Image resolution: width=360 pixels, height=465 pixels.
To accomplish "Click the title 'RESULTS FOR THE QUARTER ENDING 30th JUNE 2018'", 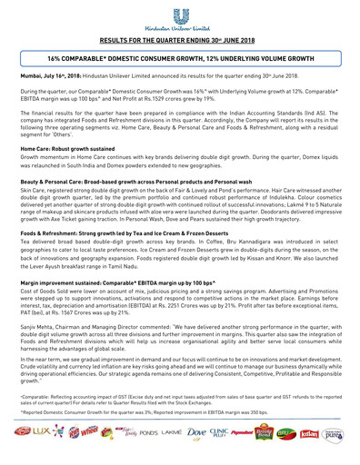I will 180,41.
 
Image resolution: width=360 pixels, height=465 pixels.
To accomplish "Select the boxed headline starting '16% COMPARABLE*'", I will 180,57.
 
